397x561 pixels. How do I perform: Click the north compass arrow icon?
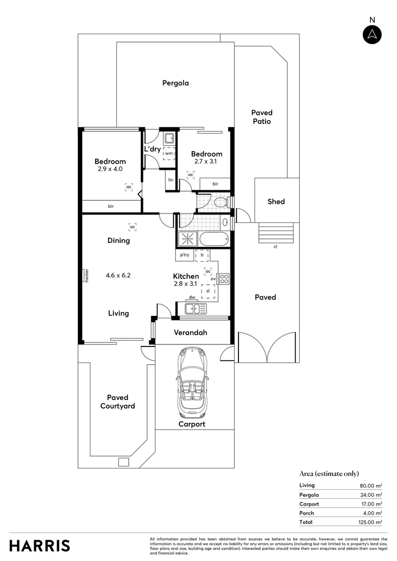[372, 34]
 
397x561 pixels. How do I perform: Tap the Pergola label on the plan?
[175, 83]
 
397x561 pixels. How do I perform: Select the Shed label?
[276, 202]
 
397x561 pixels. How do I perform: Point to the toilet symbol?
[219, 202]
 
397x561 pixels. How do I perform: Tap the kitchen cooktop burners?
[224, 278]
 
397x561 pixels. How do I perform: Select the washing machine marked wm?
[169, 153]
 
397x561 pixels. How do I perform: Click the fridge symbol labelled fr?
[202, 256]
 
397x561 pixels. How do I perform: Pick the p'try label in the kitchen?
[184, 255]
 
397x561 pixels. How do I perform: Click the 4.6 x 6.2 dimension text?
[118, 275]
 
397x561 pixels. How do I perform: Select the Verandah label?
[190, 332]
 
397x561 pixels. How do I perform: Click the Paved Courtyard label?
[117, 402]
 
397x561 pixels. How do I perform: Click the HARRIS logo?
[39, 545]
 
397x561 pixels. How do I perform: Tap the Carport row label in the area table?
[309, 504]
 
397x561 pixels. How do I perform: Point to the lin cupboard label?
[170, 181]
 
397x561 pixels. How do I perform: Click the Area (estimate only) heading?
[329, 473]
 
